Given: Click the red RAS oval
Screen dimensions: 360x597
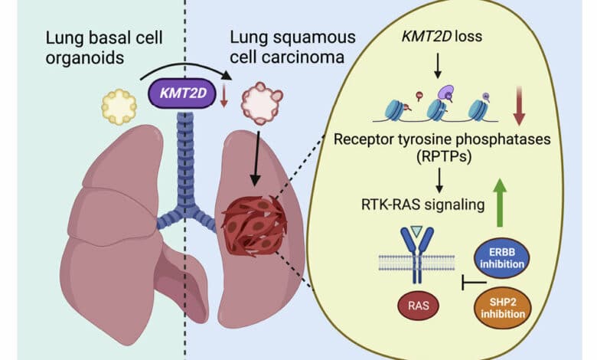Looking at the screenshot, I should (413, 309).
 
